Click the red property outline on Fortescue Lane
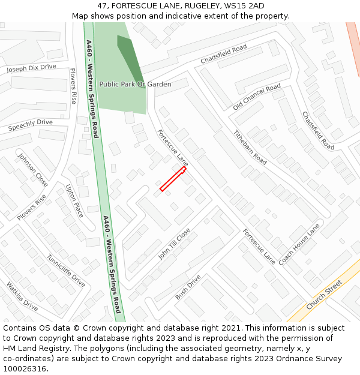pos(173,179)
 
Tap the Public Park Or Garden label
pos(135,85)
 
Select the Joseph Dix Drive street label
pos(31,69)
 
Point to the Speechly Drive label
pos(30,125)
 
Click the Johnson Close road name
pos(33,170)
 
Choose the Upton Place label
pos(75,200)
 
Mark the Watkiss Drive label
pos(22,296)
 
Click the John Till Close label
pos(174,244)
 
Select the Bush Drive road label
pos(188,288)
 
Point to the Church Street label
pos(324,295)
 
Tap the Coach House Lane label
pos(299,245)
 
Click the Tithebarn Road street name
pos(250,148)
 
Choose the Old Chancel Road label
pos(257,97)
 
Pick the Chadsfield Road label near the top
pos(223,54)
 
